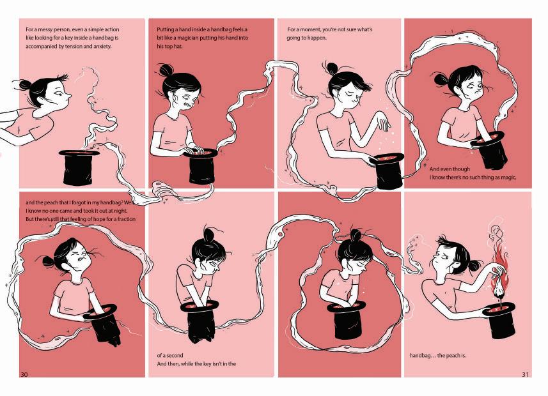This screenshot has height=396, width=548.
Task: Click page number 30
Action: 24,374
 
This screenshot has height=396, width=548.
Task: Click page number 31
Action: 525,374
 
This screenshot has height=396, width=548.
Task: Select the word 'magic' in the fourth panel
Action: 508,178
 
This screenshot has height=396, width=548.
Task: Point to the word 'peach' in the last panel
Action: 451,356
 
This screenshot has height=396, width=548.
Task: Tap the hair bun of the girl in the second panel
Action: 166,70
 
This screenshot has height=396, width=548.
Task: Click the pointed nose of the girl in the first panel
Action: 68,95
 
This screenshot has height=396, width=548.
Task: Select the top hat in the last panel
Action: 499,320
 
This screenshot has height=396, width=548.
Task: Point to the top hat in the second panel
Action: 201,166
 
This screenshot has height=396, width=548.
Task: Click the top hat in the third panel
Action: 388,171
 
